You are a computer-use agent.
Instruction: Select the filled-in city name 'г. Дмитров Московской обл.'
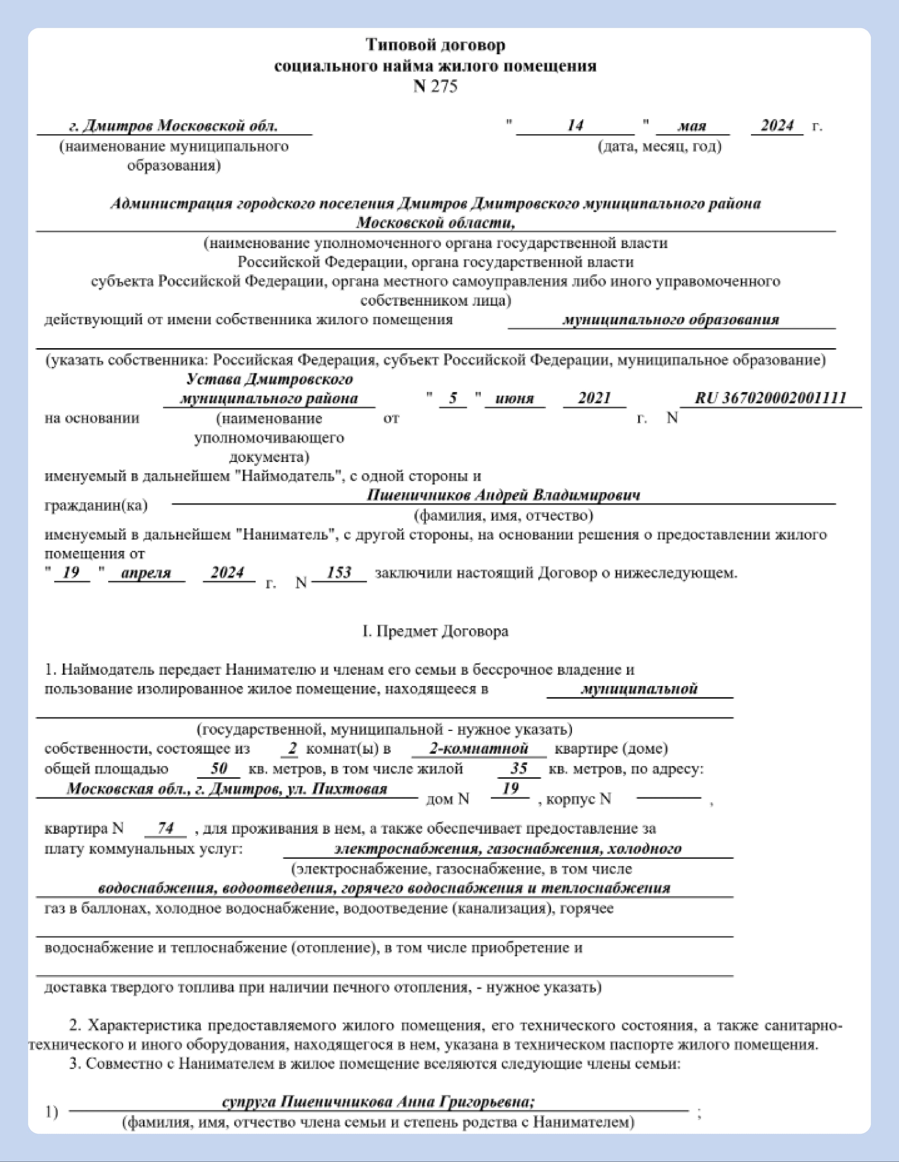pos(173,126)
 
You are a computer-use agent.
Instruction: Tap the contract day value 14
pos(575,126)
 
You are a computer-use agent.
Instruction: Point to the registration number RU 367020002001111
pos(770,398)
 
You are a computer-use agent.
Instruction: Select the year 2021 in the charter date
pos(594,398)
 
